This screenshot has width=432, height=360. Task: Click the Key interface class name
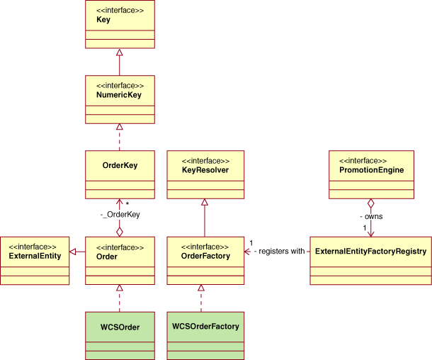(103, 20)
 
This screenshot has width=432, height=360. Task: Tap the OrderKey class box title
(119, 166)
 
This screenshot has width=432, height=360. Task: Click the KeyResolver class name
(205, 170)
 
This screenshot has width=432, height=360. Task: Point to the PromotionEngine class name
(371, 170)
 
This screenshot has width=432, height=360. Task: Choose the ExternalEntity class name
(33, 256)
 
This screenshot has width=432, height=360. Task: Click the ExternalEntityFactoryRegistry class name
(370, 252)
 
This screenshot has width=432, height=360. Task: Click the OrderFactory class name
(205, 256)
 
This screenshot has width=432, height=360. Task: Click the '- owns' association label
(370, 216)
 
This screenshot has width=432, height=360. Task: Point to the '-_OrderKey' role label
(119, 214)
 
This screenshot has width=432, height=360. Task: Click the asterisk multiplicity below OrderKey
(127, 204)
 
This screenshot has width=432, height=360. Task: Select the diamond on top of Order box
(120, 230)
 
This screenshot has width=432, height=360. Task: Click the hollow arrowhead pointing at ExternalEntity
(73, 252)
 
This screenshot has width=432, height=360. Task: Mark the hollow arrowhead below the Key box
(120, 52)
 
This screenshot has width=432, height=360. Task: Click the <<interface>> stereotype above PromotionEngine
(363, 161)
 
